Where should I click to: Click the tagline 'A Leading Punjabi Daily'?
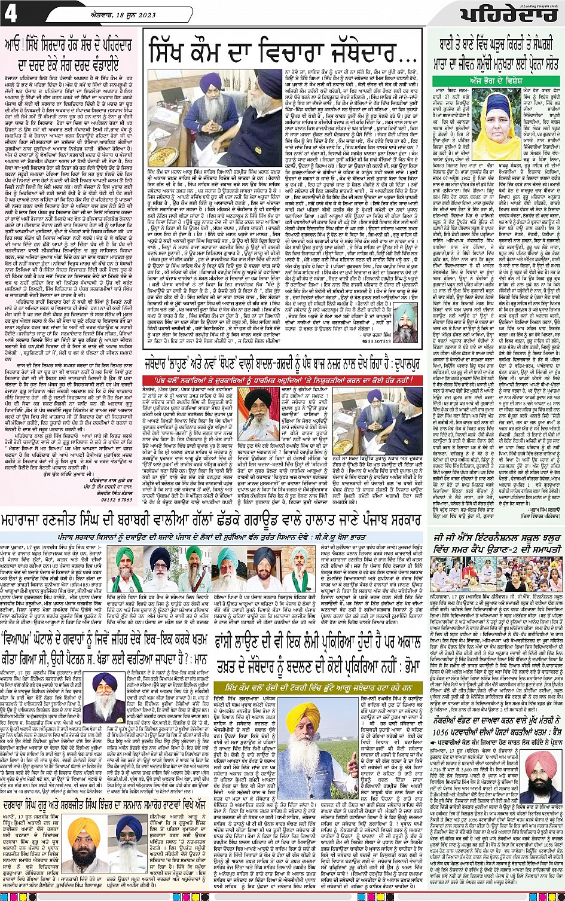point(538,5)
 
